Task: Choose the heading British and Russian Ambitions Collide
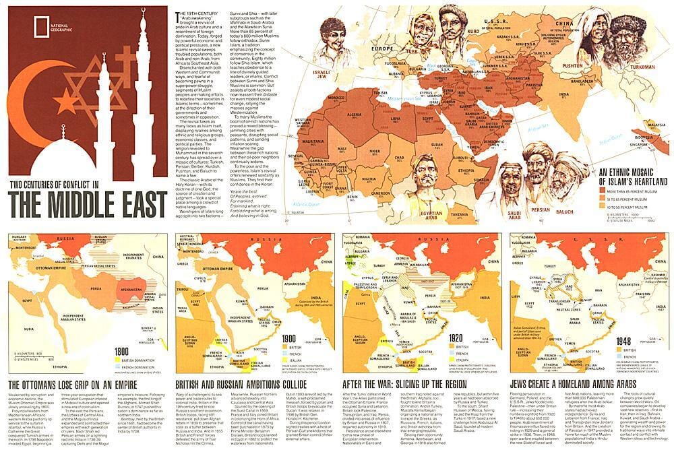[x=253, y=385]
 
